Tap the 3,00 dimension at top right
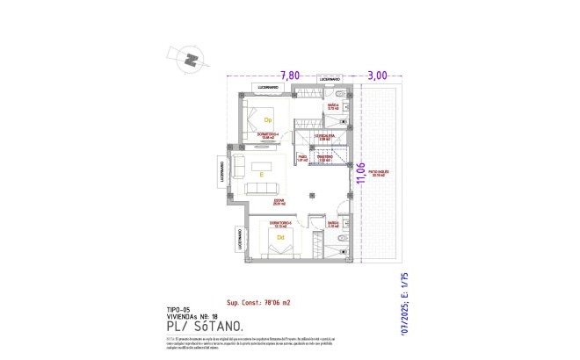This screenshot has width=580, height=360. tap(377, 76)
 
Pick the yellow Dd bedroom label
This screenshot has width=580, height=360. tap(280, 236)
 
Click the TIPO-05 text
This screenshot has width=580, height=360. tap(178, 310)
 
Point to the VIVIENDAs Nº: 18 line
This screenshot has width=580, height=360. tap(192, 317)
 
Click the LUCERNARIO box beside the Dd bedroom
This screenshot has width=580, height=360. tap(240, 239)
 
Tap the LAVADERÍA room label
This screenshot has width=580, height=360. tap(325, 138)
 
